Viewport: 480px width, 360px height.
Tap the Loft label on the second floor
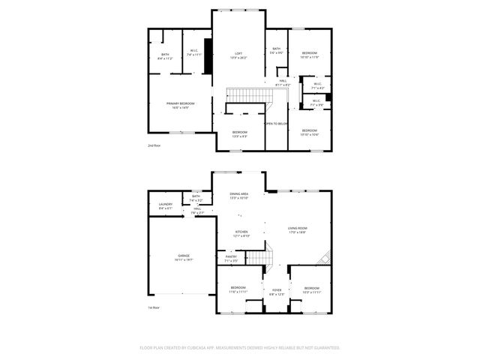click(238, 54)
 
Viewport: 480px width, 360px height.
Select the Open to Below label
click(275, 124)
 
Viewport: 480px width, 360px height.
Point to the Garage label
click(184, 256)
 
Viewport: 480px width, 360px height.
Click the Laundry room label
click(166, 204)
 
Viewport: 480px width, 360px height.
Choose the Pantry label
click(231, 256)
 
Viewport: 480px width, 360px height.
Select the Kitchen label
click(241, 232)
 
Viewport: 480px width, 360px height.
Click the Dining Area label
click(238, 194)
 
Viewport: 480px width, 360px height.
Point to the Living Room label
click(297, 229)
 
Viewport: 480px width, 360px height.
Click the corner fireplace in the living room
click(325, 259)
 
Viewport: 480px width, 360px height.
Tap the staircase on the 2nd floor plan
click(244, 95)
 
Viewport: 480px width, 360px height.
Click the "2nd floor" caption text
click(154, 145)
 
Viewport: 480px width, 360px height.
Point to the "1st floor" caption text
click(154, 307)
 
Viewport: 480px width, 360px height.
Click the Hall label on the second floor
click(283, 81)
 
